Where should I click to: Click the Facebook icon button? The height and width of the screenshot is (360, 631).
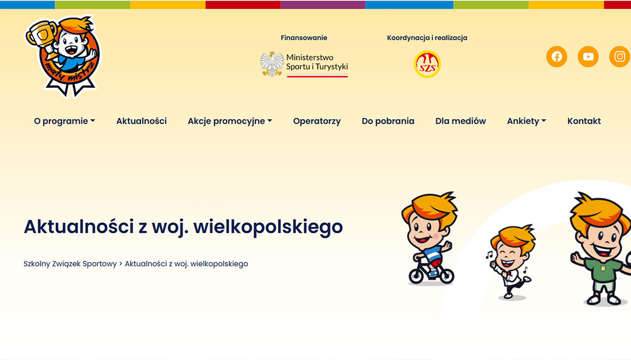point(557,57)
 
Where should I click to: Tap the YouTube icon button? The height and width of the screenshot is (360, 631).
point(588,57)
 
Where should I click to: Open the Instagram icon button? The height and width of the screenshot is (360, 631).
point(620,57)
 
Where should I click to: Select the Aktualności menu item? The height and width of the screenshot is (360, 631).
point(141,121)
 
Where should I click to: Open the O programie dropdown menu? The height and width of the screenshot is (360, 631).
point(65,121)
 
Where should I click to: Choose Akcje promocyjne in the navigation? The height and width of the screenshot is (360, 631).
point(230,121)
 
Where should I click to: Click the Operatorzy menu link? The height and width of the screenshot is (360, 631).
point(317,121)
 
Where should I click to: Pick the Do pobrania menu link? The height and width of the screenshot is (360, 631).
point(388,121)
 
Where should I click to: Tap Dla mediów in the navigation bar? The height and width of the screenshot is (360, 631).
point(461,121)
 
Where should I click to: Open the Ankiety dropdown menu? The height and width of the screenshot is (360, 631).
point(526,121)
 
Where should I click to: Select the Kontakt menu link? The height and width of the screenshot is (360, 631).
point(584,121)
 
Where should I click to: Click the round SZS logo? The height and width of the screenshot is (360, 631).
point(427,64)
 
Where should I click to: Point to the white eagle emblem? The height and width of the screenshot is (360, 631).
point(272,64)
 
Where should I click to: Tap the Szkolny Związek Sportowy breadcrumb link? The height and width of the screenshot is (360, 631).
point(70,264)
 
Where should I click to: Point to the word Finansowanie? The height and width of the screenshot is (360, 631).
point(304,38)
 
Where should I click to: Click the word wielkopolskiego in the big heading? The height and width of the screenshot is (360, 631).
point(268,227)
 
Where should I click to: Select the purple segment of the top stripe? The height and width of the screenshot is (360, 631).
point(323,5)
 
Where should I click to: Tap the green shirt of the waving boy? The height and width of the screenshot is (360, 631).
point(603,270)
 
